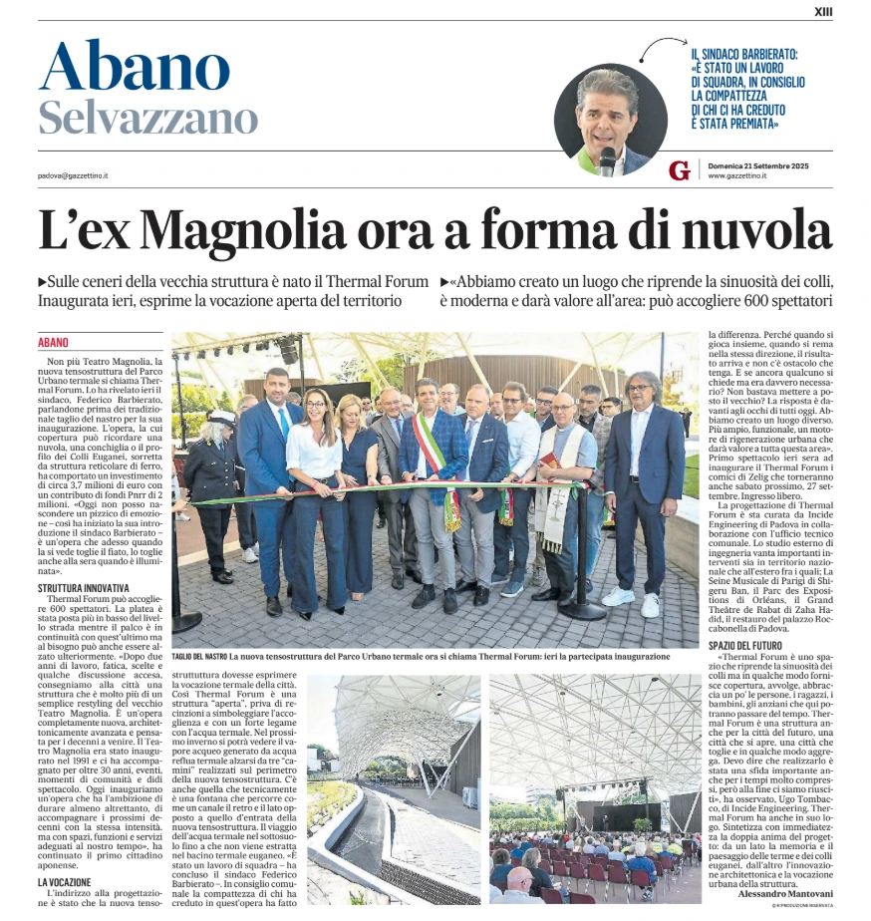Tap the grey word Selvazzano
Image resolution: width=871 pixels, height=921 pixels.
tap(147, 119)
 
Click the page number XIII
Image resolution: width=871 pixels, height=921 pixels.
tap(823, 11)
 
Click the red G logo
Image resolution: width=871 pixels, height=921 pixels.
tap(680, 170)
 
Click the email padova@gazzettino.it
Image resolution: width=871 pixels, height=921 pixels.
tap(74, 175)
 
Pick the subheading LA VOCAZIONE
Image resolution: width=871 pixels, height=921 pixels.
tap(66, 882)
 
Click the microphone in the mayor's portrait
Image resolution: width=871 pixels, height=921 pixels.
tap(607, 159)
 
